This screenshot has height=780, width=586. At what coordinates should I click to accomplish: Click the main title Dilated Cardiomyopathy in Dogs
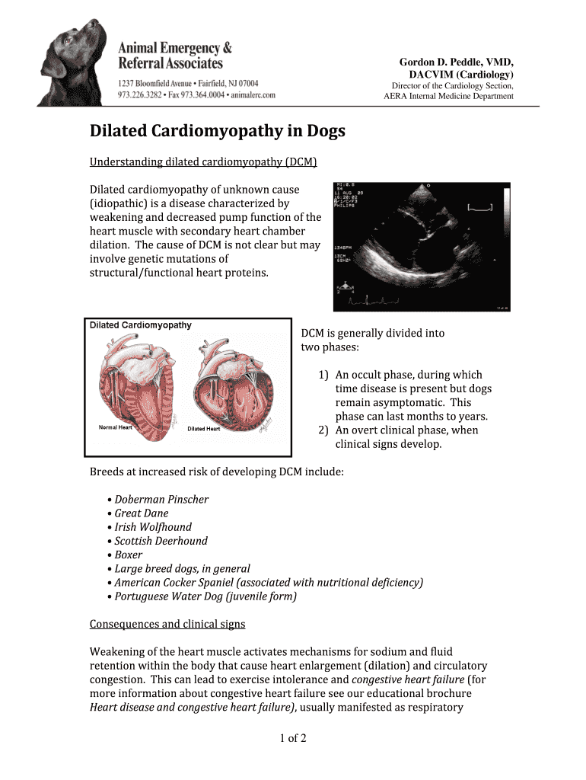(x=218, y=132)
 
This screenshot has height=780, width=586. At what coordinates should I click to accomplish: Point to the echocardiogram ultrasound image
(x=422, y=246)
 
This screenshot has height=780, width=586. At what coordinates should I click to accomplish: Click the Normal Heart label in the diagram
(x=116, y=427)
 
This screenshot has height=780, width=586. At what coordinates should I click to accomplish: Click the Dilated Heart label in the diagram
(x=203, y=428)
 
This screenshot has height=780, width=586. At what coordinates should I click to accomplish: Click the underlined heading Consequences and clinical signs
(x=167, y=624)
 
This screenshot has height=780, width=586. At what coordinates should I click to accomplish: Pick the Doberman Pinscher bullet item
(x=161, y=500)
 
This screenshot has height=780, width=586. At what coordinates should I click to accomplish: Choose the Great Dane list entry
(x=142, y=513)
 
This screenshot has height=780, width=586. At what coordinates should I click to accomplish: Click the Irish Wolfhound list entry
(x=153, y=527)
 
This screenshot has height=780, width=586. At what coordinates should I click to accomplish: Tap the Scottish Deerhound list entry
(x=161, y=541)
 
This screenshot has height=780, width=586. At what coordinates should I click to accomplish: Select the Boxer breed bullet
(x=129, y=555)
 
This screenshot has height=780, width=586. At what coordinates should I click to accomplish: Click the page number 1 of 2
(x=292, y=738)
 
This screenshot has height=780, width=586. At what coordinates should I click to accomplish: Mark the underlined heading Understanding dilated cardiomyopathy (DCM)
(x=203, y=161)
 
